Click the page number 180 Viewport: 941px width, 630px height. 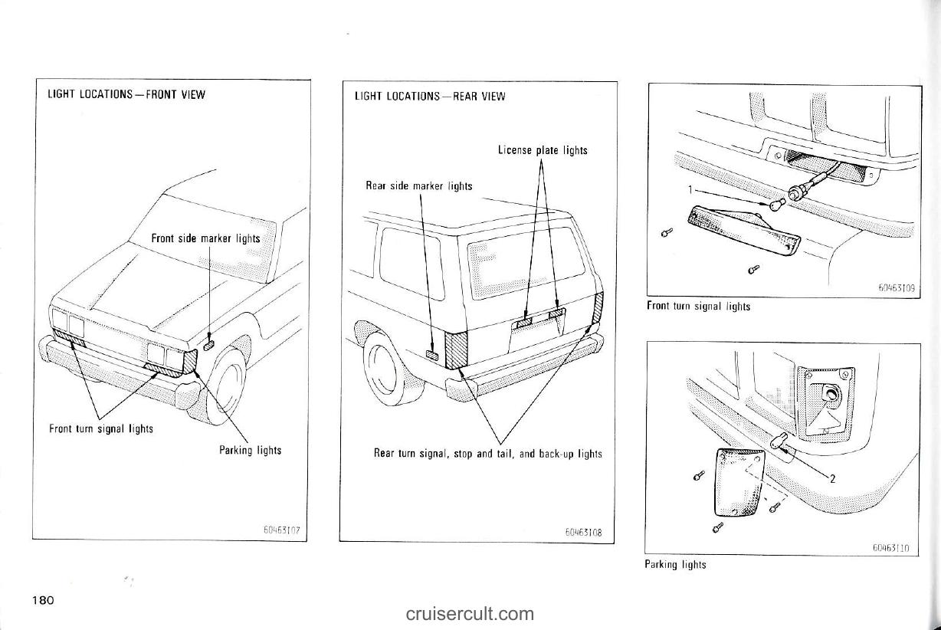pyautogui.click(x=43, y=599)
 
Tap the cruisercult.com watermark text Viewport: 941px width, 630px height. pyautogui.click(x=470, y=613)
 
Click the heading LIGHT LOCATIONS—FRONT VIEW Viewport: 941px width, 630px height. pyautogui.click(x=126, y=95)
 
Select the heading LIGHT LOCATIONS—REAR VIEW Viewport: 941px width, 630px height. pyautogui.click(x=430, y=97)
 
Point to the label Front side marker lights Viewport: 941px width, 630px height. pyautogui.click(x=205, y=238)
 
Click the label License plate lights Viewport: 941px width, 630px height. pyautogui.click(x=543, y=150)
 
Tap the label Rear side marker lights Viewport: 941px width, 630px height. pyautogui.click(x=418, y=186)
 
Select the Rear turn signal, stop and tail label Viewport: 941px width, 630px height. pyautogui.click(x=487, y=454)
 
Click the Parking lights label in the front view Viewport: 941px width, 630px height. pyautogui.click(x=250, y=450)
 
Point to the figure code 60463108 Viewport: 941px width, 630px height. pyautogui.click(x=585, y=531)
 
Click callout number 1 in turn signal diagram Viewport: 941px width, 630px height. pyautogui.click(x=690, y=189)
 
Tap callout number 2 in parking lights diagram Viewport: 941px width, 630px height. pyautogui.click(x=832, y=480)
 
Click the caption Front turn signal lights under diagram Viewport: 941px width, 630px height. pyautogui.click(x=698, y=307)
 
